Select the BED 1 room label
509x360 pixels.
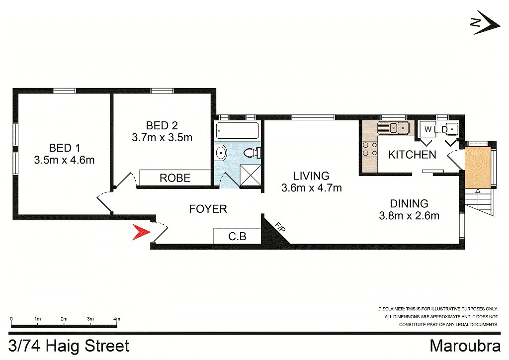(64, 148)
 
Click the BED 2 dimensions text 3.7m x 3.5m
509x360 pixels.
(162, 137)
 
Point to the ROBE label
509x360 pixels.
(175, 178)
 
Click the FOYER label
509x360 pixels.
(208, 209)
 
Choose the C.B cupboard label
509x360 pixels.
(237, 236)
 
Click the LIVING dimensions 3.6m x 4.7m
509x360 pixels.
(312, 188)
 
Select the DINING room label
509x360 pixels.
(409, 203)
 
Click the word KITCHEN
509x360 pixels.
(412, 155)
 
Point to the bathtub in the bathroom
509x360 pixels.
(238, 130)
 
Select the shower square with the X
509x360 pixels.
(251, 176)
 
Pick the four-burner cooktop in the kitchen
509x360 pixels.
(370, 149)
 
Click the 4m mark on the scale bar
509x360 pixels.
(116, 319)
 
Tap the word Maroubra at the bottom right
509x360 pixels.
(465, 346)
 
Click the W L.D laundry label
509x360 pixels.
(436, 129)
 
